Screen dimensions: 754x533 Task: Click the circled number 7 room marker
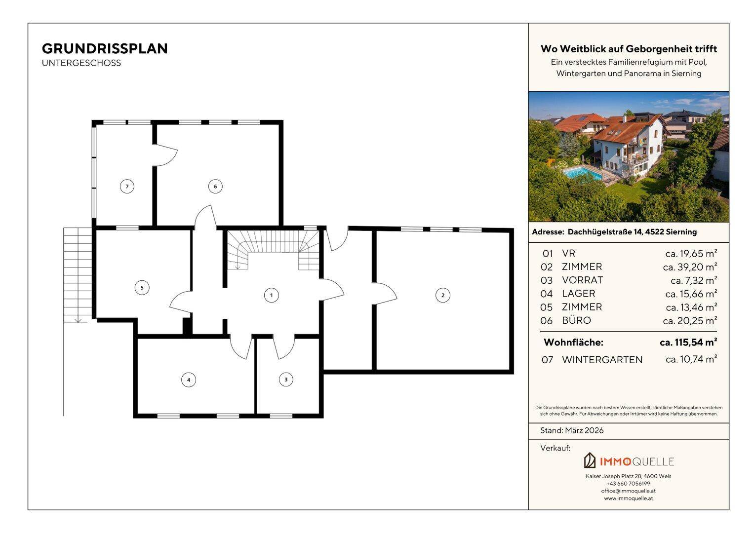click(x=127, y=187)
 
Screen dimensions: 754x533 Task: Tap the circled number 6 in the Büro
click(x=215, y=187)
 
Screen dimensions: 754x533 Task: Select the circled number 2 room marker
click(x=442, y=296)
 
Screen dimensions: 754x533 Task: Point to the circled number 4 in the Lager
click(x=189, y=380)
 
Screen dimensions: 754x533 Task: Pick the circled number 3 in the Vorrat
click(x=286, y=380)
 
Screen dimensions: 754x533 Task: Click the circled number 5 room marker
click(x=142, y=288)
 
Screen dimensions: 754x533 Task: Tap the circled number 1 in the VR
click(x=272, y=296)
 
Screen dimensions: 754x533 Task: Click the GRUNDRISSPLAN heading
click(x=105, y=49)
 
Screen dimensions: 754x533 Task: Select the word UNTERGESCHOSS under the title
click(x=81, y=63)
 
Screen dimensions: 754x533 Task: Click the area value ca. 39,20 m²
click(x=690, y=267)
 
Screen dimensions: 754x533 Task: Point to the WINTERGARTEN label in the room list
click(x=602, y=360)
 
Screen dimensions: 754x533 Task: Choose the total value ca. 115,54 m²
click(x=688, y=342)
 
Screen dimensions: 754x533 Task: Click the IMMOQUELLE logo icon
click(x=590, y=460)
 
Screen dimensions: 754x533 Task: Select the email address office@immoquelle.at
click(x=629, y=491)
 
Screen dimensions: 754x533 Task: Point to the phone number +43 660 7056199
click(x=629, y=484)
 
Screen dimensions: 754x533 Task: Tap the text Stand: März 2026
click(x=572, y=430)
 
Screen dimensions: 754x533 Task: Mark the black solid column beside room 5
click(x=187, y=326)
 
